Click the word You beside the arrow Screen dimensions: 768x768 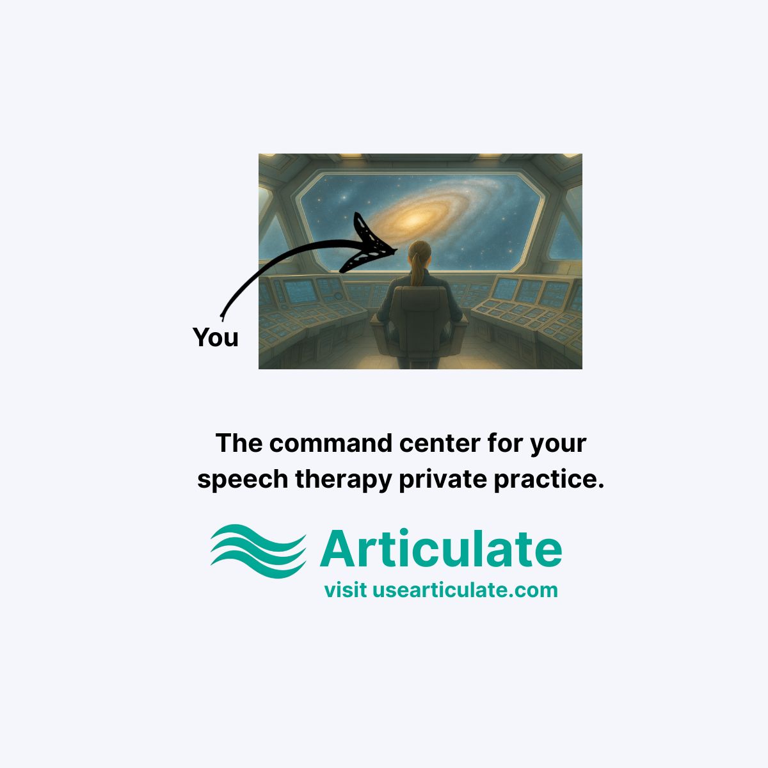(x=215, y=337)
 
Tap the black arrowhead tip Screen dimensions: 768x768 (x=397, y=250)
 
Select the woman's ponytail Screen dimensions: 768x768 (x=418, y=270)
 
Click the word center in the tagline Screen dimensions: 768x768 (x=440, y=443)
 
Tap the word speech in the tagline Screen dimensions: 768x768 (x=243, y=479)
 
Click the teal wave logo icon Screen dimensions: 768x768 (x=259, y=551)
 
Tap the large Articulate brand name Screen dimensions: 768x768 (x=441, y=548)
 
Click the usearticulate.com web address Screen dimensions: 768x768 (x=465, y=590)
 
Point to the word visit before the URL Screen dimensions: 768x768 (x=346, y=590)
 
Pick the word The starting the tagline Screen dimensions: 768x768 (x=239, y=443)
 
